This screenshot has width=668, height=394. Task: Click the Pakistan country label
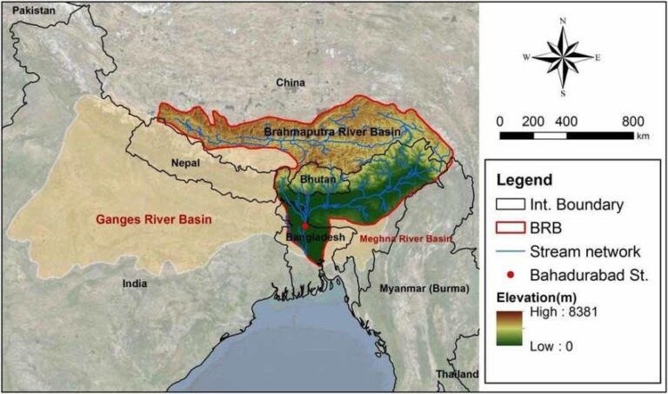coord(31,10)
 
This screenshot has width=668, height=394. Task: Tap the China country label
coord(291,83)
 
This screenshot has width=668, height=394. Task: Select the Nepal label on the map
coord(185,163)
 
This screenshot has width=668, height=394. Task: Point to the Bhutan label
coord(316,178)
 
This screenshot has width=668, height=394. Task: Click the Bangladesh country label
coord(313,237)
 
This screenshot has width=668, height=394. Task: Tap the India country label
coord(134,283)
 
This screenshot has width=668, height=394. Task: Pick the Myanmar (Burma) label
coord(424,288)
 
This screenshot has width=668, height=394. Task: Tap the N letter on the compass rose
coord(563,20)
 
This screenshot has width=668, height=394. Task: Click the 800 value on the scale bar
coord(632,120)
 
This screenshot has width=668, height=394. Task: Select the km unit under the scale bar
coord(643,137)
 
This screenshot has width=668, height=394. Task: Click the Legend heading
coord(524,181)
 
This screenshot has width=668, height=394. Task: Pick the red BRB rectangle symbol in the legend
coord(511,229)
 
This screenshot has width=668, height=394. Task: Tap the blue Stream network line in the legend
coord(510,251)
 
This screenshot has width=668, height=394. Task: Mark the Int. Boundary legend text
coord(576,205)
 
